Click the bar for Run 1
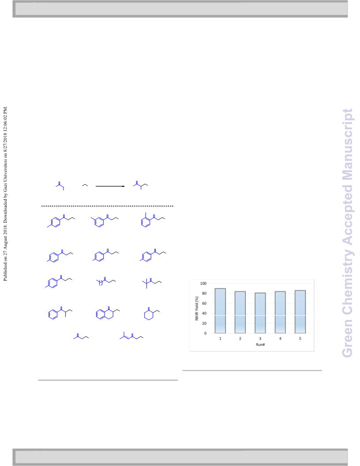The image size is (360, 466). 220,311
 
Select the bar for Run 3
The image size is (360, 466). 260,313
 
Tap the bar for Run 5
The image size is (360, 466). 300,312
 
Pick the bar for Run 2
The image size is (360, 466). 240,312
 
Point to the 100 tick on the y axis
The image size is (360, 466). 203,283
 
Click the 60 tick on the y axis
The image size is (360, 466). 204,304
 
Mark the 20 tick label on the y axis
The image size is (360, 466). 204,323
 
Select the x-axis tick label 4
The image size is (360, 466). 280,338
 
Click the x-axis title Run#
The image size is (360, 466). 260,345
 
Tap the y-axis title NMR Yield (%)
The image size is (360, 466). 196,308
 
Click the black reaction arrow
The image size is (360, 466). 110,186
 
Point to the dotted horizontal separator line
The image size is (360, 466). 107,206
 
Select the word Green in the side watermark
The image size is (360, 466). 347,338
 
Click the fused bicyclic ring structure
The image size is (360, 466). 108,313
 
